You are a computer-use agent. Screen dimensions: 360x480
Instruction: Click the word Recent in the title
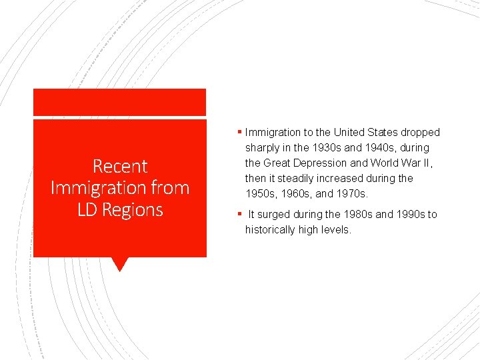tap(120, 166)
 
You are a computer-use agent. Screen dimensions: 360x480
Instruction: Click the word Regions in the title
tap(132, 209)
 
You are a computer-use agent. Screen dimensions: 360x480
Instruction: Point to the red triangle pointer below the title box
tap(120, 264)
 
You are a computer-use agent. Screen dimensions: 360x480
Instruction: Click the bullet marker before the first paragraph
tap(240, 132)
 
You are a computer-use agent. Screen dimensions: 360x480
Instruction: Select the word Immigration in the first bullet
tap(272, 133)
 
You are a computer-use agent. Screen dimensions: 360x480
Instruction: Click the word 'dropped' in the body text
tap(421, 133)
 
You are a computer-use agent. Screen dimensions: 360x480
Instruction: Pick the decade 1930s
tap(325, 148)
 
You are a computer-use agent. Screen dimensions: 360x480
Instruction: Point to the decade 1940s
tap(377, 148)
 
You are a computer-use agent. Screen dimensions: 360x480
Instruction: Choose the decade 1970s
tap(352, 193)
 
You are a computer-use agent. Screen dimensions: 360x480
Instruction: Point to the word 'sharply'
tap(265, 148)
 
